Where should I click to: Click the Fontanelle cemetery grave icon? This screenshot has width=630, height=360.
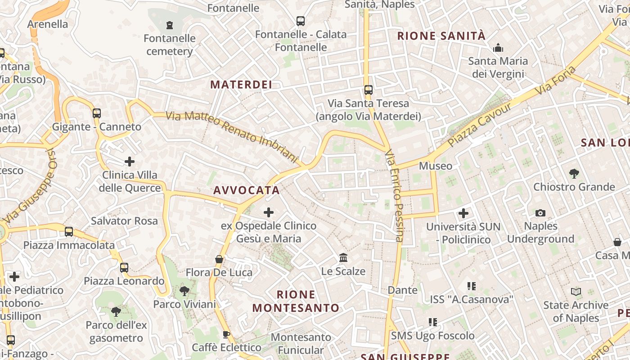(x=170, y=25)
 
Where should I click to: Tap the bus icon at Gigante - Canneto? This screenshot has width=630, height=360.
(x=97, y=113)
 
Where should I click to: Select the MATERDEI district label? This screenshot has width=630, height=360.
(x=241, y=85)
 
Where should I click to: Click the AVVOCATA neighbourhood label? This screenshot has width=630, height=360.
(x=247, y=190)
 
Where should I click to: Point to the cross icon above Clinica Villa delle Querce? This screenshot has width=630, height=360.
(x=130, y=162)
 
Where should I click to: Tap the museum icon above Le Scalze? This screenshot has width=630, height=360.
(x=343, y=258)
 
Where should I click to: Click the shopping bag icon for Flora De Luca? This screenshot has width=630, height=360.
(x=219, y=259)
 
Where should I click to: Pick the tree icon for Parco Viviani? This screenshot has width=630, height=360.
(x=184, y=291)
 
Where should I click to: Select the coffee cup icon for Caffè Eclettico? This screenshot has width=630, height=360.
(x=226, y=334)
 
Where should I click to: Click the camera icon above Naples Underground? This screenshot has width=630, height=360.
(x=540, y=213)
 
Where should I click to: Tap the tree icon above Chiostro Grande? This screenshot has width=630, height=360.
(x=574, y=173)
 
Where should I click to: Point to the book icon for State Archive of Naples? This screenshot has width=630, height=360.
(x=576, y=292)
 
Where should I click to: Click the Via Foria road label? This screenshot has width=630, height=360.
(x=556, y=81)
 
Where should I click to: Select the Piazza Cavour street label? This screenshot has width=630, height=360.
(x=480, y=125)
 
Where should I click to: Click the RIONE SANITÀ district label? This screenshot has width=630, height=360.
(x=441, y=36)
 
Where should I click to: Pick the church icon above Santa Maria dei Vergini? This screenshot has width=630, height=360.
(x=498, y=48)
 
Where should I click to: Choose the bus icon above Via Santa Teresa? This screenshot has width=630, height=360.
(x=369, y=90)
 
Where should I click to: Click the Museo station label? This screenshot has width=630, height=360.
(x=436, y=166)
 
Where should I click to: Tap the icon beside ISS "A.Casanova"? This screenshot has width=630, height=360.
(x=471, y=286)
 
